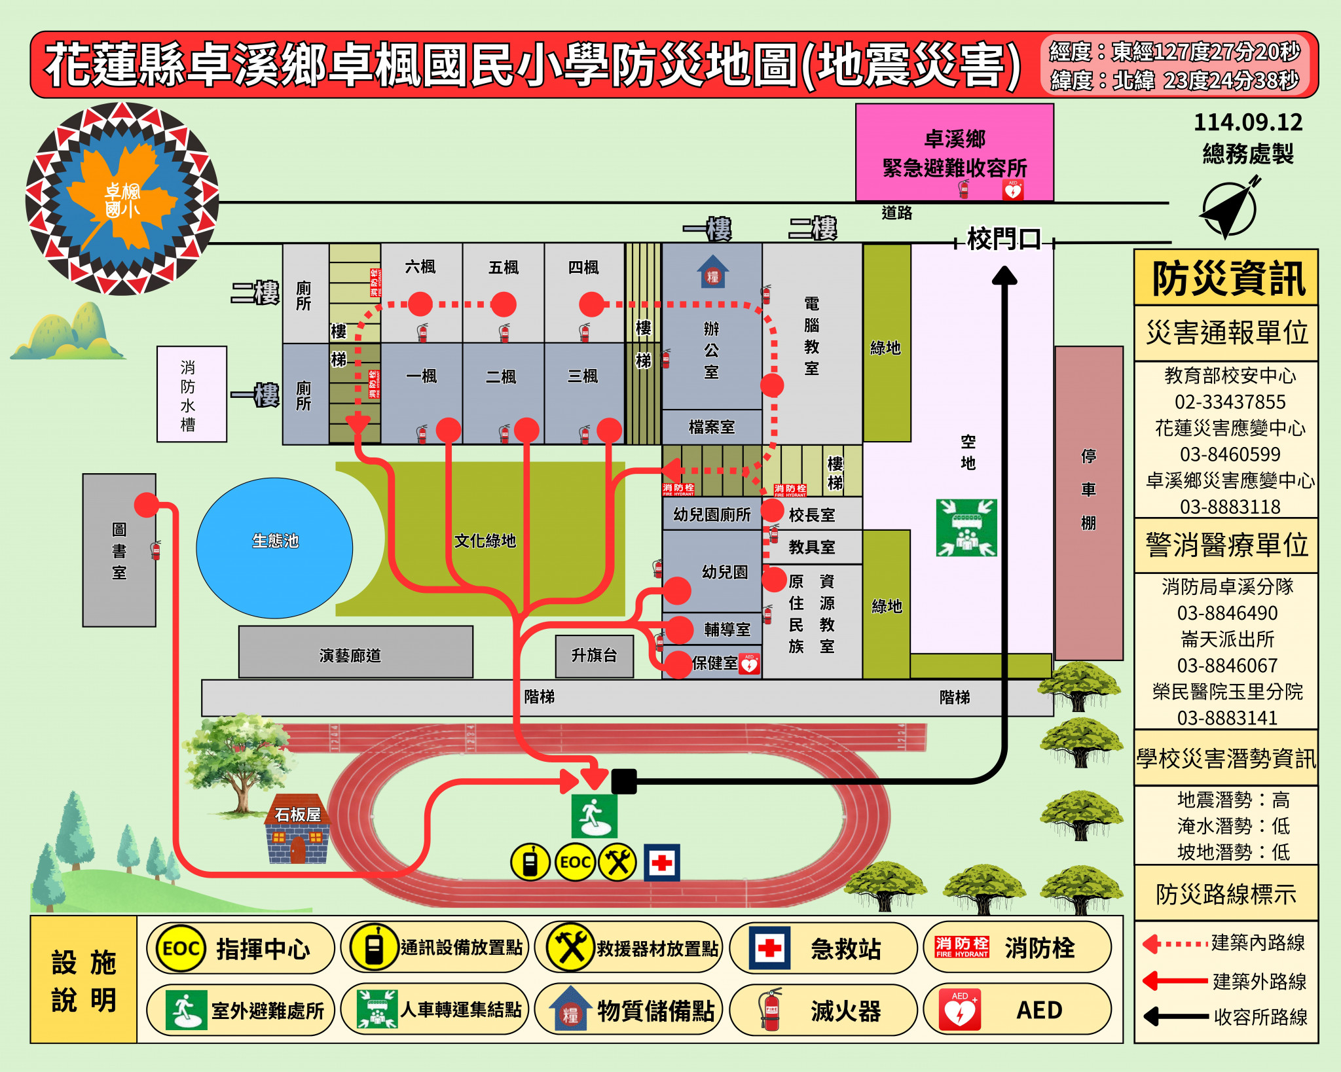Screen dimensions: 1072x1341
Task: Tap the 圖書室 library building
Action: [x=119, y=550]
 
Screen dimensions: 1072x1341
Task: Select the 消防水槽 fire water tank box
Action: [x=191, y=395]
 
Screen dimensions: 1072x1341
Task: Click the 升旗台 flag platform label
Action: [x=594, y=655]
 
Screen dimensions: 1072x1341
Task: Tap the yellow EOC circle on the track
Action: [x=575, y=863]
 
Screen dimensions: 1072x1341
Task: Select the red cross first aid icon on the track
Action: [x=662, y=863]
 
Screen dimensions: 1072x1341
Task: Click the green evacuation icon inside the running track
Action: [x=594, y=816]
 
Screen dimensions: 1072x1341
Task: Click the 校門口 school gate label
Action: [x=1004, y=240]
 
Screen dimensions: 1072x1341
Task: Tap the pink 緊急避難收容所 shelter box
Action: [x=954, y=152]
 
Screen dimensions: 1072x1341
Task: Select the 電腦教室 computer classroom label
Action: [x=811, y=336]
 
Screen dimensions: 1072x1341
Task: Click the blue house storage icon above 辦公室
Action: [x=712, y=272]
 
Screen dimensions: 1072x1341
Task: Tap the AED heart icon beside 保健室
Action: [x=749, y=664]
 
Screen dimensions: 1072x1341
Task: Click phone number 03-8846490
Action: [x=1227, y=613]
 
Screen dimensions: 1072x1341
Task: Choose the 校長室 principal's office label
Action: [x=811, y=515]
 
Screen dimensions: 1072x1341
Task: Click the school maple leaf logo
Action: [x=122, y=198]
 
